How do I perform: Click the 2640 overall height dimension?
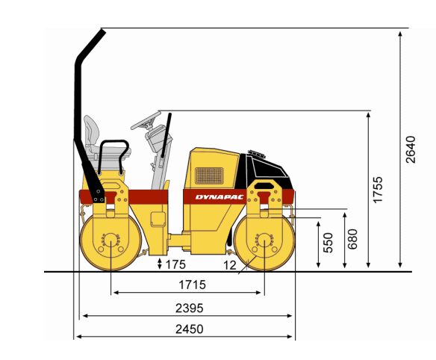tap(411, 149)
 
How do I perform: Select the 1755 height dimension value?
tap(378, 190)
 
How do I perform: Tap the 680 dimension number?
tap(352, 239)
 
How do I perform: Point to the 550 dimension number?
tap(328, 243)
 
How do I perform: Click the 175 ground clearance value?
tap(175, 264)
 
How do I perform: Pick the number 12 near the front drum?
tap(230, 265)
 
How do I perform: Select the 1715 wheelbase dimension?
tap(192, 285)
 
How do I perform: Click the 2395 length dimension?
tap(190, 308)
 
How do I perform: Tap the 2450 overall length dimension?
tap(190, 329)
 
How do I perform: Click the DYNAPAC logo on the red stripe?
tap(219, 197)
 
